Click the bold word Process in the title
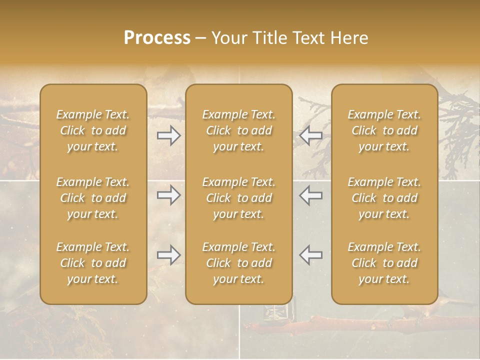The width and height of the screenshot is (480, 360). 157,38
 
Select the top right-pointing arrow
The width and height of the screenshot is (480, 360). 168,135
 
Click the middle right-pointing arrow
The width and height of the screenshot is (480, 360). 168,195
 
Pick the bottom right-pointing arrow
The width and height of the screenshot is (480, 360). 168,255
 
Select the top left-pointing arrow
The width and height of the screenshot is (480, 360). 311,135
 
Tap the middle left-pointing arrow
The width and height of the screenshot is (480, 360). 311,195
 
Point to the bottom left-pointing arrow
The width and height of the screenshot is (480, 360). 311,255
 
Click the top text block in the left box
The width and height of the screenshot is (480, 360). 93,130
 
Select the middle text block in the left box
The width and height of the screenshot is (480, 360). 93,198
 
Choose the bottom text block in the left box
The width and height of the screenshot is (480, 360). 93,263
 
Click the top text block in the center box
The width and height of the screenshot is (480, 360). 239,130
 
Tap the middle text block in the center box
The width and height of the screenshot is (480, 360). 239,198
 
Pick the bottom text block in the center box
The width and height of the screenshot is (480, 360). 239,263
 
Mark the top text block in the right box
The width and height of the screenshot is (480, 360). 384,130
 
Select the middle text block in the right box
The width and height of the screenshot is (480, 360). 384,198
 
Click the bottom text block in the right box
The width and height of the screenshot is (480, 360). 384,263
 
